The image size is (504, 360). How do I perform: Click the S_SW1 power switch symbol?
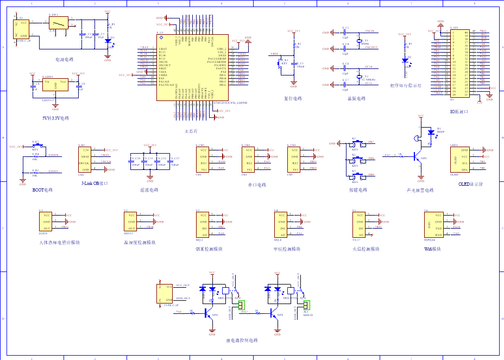point(59,23)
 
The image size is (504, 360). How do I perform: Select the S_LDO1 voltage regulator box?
point(54,87)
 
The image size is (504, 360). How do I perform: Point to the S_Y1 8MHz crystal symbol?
point(359,41)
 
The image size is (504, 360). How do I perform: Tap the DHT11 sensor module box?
point(131,222)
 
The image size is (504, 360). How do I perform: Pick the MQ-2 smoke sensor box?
point(203,225)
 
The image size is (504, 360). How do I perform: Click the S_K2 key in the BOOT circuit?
point(36,146)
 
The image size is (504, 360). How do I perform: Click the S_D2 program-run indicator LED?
point(405,61)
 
